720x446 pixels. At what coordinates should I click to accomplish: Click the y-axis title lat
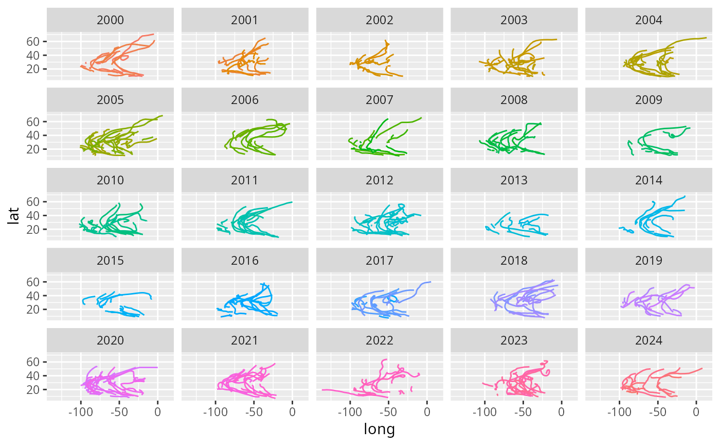click(x=15, y=215)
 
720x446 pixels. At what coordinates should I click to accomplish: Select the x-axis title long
click(x=379, y=428)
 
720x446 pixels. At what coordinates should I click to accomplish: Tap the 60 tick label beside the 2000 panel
click(x=34, y=41)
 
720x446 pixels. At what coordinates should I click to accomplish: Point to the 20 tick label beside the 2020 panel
click(x=34, y=389)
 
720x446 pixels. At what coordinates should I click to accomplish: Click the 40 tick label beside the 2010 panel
click(x=34, y=215)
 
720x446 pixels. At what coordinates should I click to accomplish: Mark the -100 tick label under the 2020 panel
click(x=80, y=412)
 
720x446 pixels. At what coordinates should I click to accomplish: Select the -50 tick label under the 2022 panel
click(x=388, y=412)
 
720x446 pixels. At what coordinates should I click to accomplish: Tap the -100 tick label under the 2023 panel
click(x=484, y=412)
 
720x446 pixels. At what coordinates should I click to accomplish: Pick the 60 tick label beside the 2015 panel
click(x=34, y=282)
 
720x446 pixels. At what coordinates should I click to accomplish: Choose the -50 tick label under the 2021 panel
click(x=254, y=412)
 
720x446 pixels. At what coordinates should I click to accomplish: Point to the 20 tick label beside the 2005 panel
click(x=34, y=149)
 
